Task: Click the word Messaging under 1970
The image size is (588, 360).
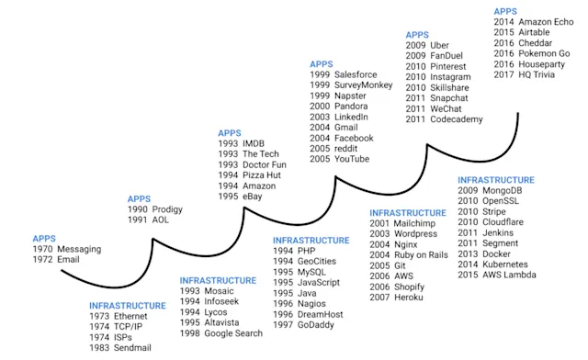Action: [x=79, y=249]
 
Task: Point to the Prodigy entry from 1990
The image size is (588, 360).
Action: [x=168, y=209]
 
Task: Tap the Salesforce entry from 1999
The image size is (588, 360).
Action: [x=360, y=73]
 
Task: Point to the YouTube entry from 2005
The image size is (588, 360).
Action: [x=354, y=159]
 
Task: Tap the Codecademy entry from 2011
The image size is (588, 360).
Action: [x=463, y=119]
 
